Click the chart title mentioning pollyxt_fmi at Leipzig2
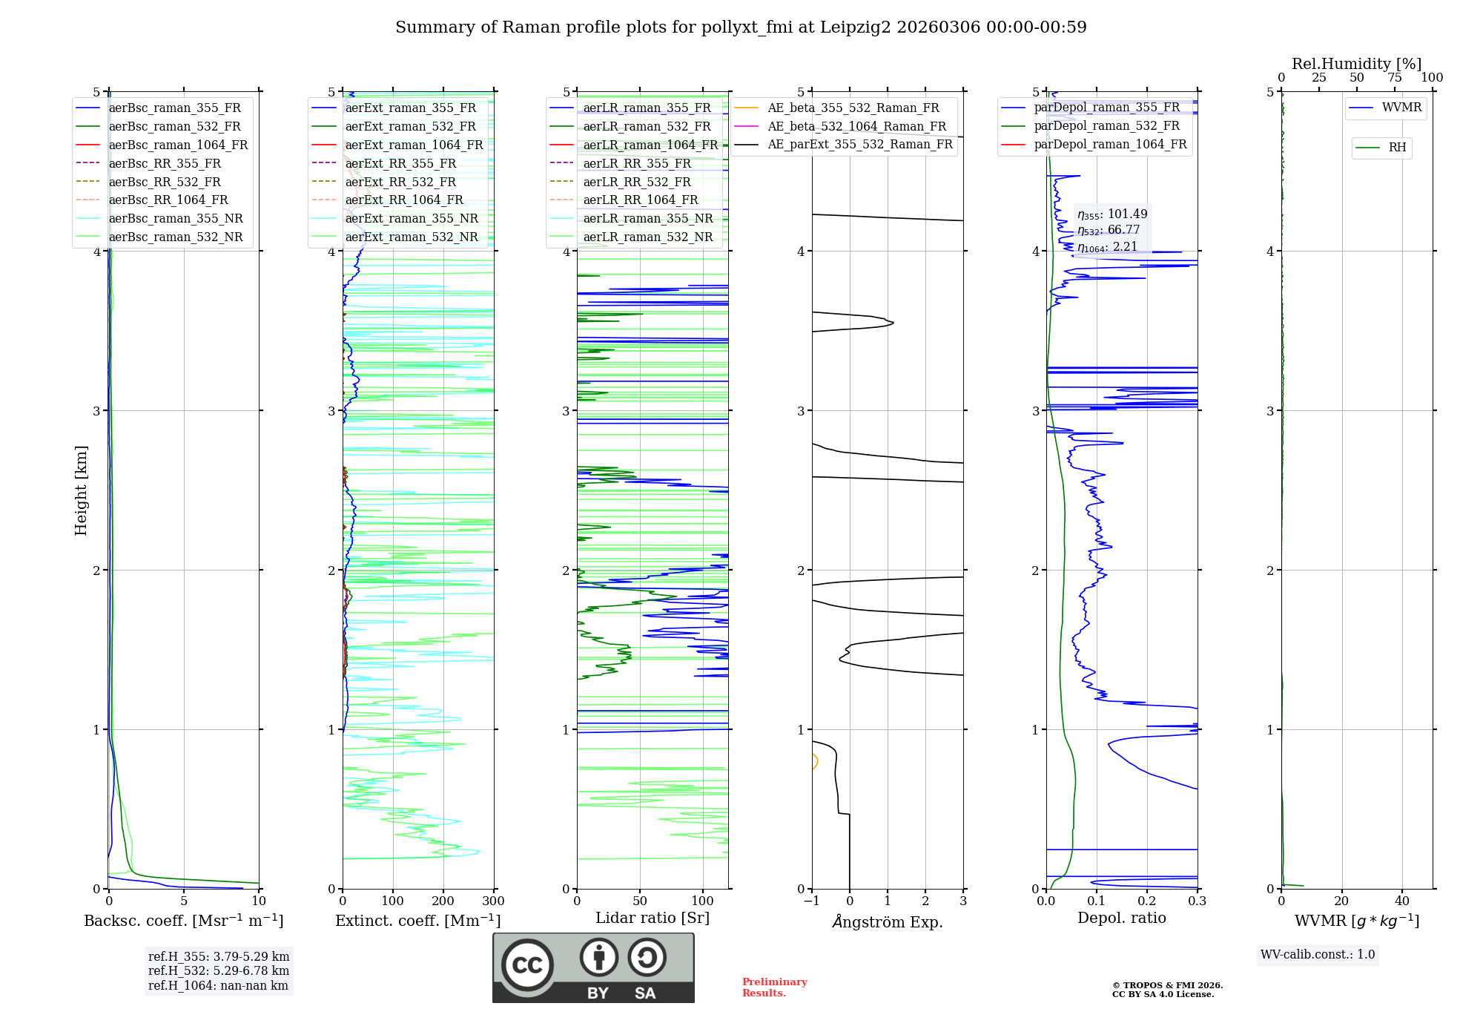coord(741,27)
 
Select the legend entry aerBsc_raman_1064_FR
coord(178,145)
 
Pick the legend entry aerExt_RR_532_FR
coord(400,182)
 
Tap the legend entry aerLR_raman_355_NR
coord(647,218)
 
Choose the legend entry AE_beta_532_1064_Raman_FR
coord(856,126)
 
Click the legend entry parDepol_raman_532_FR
coord(1106,125)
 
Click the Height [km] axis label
coord(81,490)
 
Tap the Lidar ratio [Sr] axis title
coord(653,918)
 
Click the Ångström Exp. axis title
coord(888,921)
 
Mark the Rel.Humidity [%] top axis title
coord(1356,64)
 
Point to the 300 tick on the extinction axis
coord(493,901)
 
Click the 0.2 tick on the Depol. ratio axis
coord(1147,901)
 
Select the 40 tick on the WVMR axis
coord(1402,901)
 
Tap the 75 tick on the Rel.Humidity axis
coord(1395,78)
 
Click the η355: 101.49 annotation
coord(1112,214)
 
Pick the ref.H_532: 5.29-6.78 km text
coord(219,970)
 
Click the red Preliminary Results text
coord(774,987)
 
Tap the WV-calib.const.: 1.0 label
coord(1318,955)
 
